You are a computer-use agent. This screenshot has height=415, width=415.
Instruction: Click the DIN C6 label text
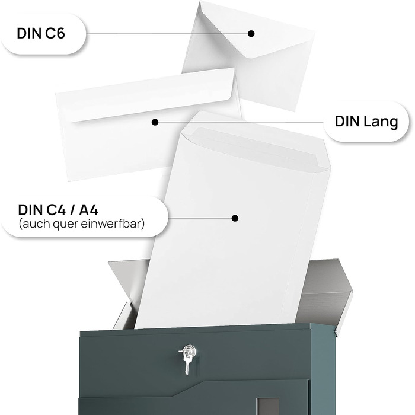pos(41,34)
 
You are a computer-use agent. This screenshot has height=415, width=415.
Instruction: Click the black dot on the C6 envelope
pos(251,34)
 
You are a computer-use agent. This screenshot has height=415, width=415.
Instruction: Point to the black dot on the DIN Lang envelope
pos(155,122)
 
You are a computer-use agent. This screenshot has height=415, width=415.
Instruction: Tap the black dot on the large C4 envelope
pos(235,218)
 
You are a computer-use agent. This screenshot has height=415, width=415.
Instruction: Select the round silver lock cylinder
pos(188,351)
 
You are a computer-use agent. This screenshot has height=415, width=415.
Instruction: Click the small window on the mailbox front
pos(267,406)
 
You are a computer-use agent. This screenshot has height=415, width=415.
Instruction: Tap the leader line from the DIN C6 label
pos(166,34)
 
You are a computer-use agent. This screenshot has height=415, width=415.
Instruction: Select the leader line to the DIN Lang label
pos(237,122)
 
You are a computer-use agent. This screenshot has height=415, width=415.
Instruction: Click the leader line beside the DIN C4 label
pos(199,218)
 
